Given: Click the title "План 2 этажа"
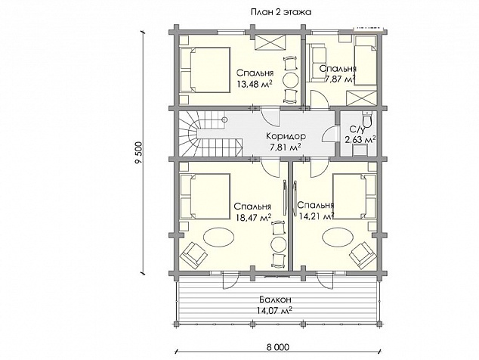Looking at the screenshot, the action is pyautogui.click(x=281, y=12).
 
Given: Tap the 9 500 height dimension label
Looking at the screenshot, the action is pyautogui.click(x=138, y=154).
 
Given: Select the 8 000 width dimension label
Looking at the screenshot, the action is pyautogui.click(x=277, y=347).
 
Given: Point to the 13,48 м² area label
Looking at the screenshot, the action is pyautogui.click(x=255, y=84).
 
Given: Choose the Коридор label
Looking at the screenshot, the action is pyautogui.click(x=286, y=136).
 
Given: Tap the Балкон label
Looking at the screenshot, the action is pyautogui.click(x=275, y=299).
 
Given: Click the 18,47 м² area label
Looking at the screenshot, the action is pyautogui.click(x=254, y=217).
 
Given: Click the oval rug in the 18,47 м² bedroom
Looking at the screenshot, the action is pyautogui.click(x=219, y=237).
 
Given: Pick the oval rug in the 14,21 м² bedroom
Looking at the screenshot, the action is pyautogui.click(x=338, y=237).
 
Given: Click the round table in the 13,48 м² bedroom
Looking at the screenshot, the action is pyautogui.click(x=290, y=80).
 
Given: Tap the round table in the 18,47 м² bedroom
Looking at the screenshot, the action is pyautogui.click(x=278, y=244).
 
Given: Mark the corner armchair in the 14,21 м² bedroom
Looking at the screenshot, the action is pyautogui.click(x=363, y=255).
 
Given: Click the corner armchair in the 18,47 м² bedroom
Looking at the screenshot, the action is pyautogui.click(x=193, y=255).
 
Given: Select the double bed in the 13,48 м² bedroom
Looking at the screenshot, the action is pyautogui.click(x=205, y=70).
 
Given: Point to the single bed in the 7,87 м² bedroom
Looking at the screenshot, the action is pyautogui.click(x=366, y=60).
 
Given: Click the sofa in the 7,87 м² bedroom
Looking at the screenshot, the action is pyautogui.click(x=318, y=63).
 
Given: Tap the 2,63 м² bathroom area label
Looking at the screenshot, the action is pyautogui.click(x=360, y=140).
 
